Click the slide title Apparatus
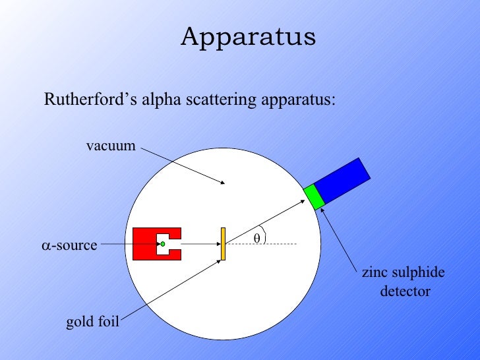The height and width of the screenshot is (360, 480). pyautogui.click(x=249, y=37)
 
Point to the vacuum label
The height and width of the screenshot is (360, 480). pyautogui.click(x=111, y=146)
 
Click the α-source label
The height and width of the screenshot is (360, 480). pyautogui.click(x=69, y=246)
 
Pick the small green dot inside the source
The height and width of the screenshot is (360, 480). pyautogui.click(x=162, y=244)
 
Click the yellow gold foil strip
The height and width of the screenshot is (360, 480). pyautogui.click(x=224, y=244)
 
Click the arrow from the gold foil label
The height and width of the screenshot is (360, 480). pyautogui.click(x=171, y=289)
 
